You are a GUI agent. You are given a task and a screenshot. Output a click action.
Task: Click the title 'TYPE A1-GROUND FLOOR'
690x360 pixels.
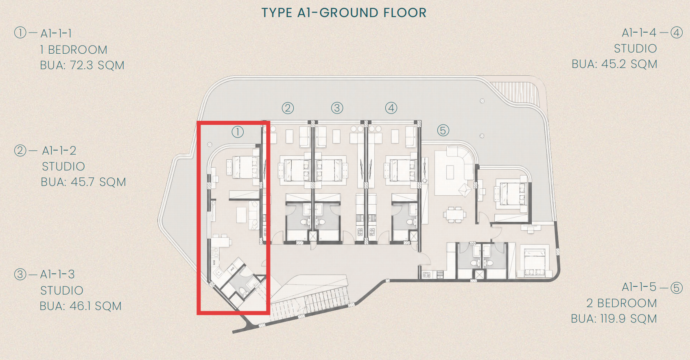344,13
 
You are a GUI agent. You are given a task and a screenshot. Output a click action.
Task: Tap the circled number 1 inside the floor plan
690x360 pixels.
238,132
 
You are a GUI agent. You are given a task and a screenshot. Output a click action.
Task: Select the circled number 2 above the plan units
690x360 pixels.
288,108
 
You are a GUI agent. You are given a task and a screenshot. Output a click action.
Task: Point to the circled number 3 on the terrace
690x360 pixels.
337,108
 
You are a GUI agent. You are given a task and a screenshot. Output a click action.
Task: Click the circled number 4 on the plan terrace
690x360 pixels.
391,108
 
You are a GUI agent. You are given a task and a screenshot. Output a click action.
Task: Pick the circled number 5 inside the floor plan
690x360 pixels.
443,131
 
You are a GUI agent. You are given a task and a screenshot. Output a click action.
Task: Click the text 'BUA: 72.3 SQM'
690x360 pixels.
82,65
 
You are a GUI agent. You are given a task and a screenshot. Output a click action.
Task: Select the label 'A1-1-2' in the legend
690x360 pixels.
59,151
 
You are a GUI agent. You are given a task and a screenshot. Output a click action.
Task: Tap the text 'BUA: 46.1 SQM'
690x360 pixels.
81,306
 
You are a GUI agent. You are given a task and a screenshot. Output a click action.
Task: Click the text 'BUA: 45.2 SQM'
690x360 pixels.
614,64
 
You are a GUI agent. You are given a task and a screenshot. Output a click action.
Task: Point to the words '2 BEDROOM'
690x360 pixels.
622,303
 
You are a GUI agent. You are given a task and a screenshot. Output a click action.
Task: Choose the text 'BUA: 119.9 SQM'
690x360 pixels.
614,319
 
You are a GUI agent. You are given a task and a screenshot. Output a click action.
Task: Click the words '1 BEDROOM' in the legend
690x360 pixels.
74,50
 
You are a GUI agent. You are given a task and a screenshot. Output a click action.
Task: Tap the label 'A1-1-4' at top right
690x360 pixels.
639,33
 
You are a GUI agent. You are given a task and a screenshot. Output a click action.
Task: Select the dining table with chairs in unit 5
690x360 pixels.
455,214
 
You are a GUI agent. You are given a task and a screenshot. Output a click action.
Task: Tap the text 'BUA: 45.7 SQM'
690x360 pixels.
83,182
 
